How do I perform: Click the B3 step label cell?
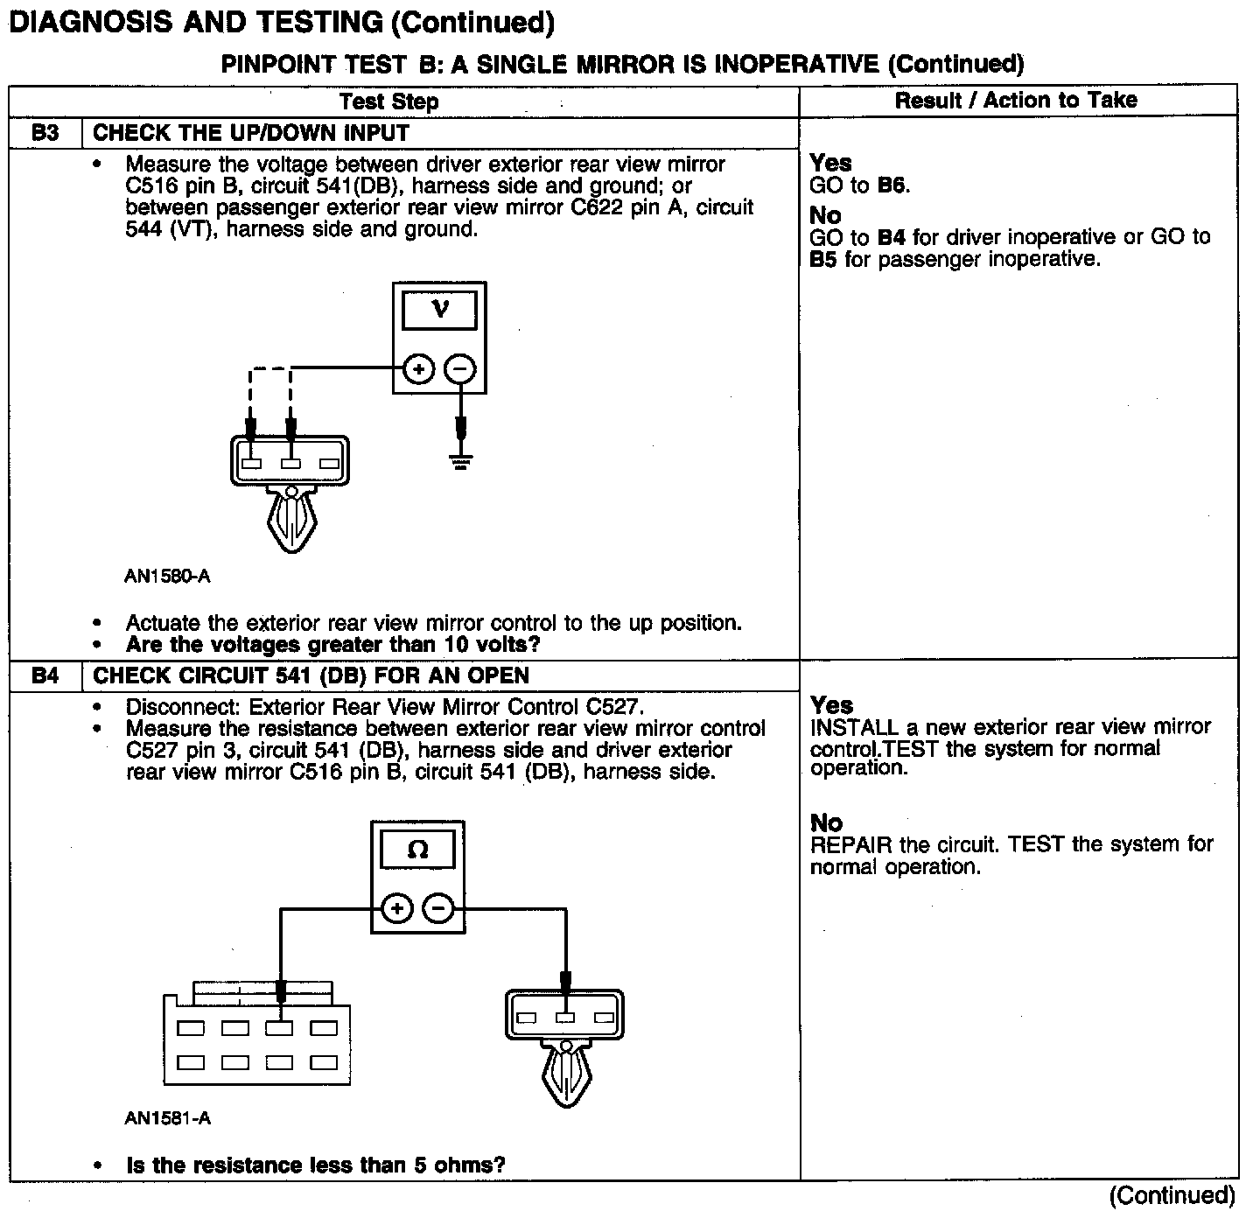tap(45, 133)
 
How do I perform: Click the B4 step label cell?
tap(45, 675)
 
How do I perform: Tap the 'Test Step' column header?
tap(389, 101)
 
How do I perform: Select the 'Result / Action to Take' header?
tap(1016, 101)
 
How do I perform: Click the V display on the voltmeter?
tap(440, 310)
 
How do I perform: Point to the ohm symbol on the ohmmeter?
tap(418, 850)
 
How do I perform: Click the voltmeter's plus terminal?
tap(418, 370)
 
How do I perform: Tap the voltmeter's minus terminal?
tap(461, 370)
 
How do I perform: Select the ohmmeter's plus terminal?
tap(397, 908)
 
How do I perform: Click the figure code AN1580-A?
tap(168, 577)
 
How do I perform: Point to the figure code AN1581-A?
tap(168, 1118)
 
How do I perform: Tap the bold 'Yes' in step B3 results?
tap(830, 163)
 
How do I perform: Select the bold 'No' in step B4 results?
tap(826, 822)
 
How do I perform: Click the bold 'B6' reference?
tap(892, 185)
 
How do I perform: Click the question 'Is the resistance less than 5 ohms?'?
tap(316, 1165)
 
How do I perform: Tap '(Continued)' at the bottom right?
tap(1172, 1195)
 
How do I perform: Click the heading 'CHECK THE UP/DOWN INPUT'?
tap(251, 133)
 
